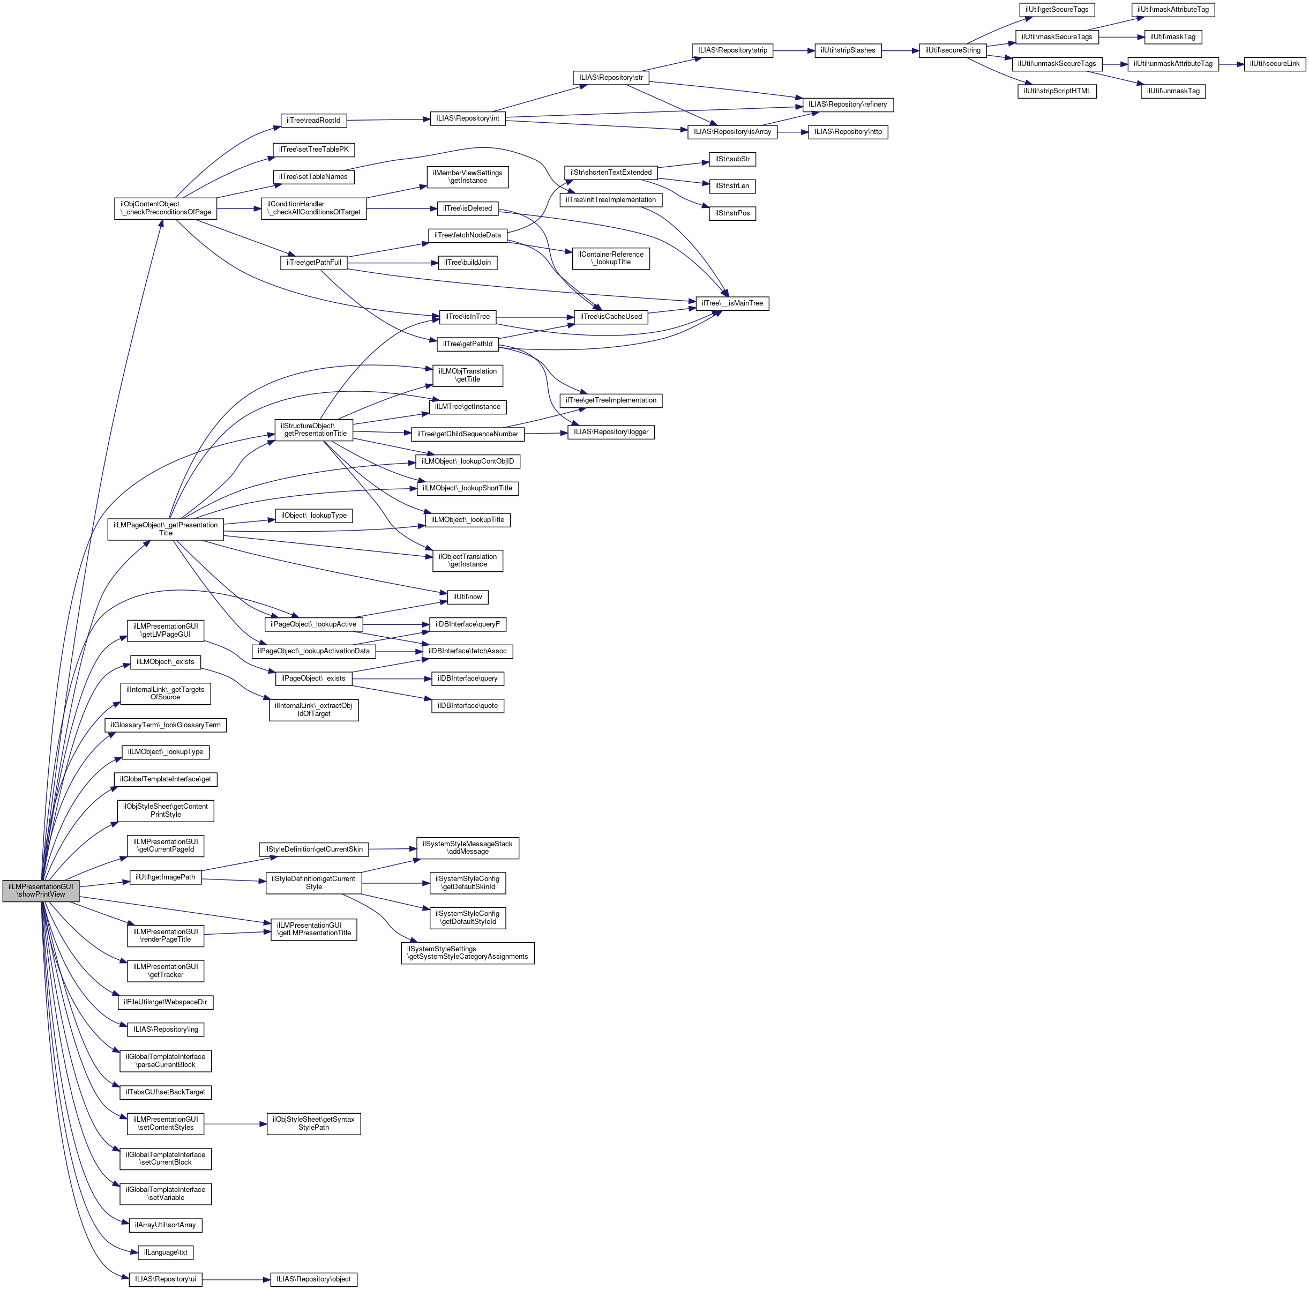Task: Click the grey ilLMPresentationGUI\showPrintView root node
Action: click(x=41, y=890)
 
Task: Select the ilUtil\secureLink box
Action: click(x=1275, y=64)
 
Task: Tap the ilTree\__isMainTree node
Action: click(x=732, y=303)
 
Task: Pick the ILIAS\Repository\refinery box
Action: click(x=848, y=105)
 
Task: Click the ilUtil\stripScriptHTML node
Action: click(x=1057, y=91)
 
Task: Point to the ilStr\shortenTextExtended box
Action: click(x=610, y=172)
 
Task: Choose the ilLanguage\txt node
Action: click(x=166, y=1252)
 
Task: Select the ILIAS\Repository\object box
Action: click(x=313, y=1279)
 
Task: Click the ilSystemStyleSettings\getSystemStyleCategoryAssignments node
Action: click(x=467, y=952)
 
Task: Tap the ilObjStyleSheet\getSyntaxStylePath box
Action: click(x=313, y=1123)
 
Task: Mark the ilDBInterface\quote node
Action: click(x=467, y=705)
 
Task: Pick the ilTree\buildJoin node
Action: click(x=467, y=262)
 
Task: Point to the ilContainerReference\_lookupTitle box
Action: click(x=610, y=258)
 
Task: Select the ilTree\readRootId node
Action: click(x=313, y=121)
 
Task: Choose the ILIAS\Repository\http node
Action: click(x=848, y=131)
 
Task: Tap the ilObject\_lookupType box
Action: click(x=313, y=516)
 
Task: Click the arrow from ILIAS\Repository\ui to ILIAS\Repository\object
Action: click(x=236, y=1279)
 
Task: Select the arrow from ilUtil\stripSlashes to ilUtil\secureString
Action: click(x=900, y=50)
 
